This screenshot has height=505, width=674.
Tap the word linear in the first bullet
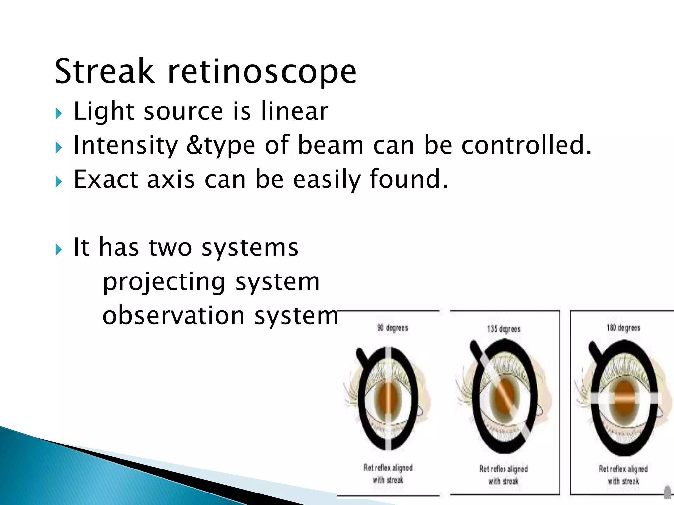[x=295, y=111]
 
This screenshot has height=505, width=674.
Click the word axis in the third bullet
[x=171, y=179]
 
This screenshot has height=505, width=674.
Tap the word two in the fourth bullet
[x=170, y=247]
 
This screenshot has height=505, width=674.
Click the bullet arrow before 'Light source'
[x=59, y=114]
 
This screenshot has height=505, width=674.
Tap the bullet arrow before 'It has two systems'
[x=59, y=250]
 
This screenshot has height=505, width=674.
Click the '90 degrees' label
[x=393, y=328]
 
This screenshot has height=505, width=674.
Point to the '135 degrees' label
[x=504, y=329]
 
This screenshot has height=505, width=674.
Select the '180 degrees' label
[x=623, y=328]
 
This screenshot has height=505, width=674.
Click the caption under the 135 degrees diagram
[x=504, y=475]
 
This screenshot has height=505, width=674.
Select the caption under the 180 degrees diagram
[x=623, y=475]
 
